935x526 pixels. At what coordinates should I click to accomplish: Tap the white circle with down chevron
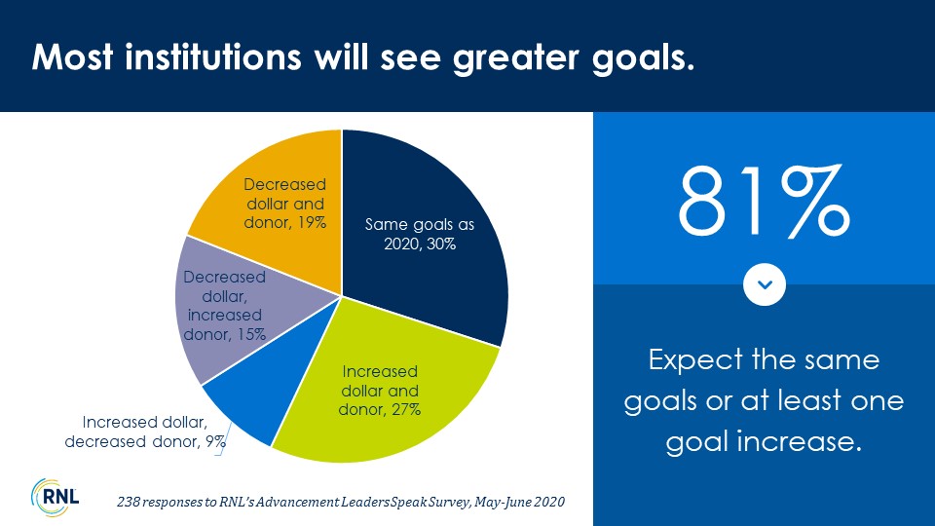click(x=764, y=284)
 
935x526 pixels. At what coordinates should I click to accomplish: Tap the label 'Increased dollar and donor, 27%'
click(x=380, y=391)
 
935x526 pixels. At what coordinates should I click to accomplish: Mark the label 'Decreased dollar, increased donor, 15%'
click(x=224, y=305)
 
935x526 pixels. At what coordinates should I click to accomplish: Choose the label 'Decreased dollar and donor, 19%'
click(x=284, y=204)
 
